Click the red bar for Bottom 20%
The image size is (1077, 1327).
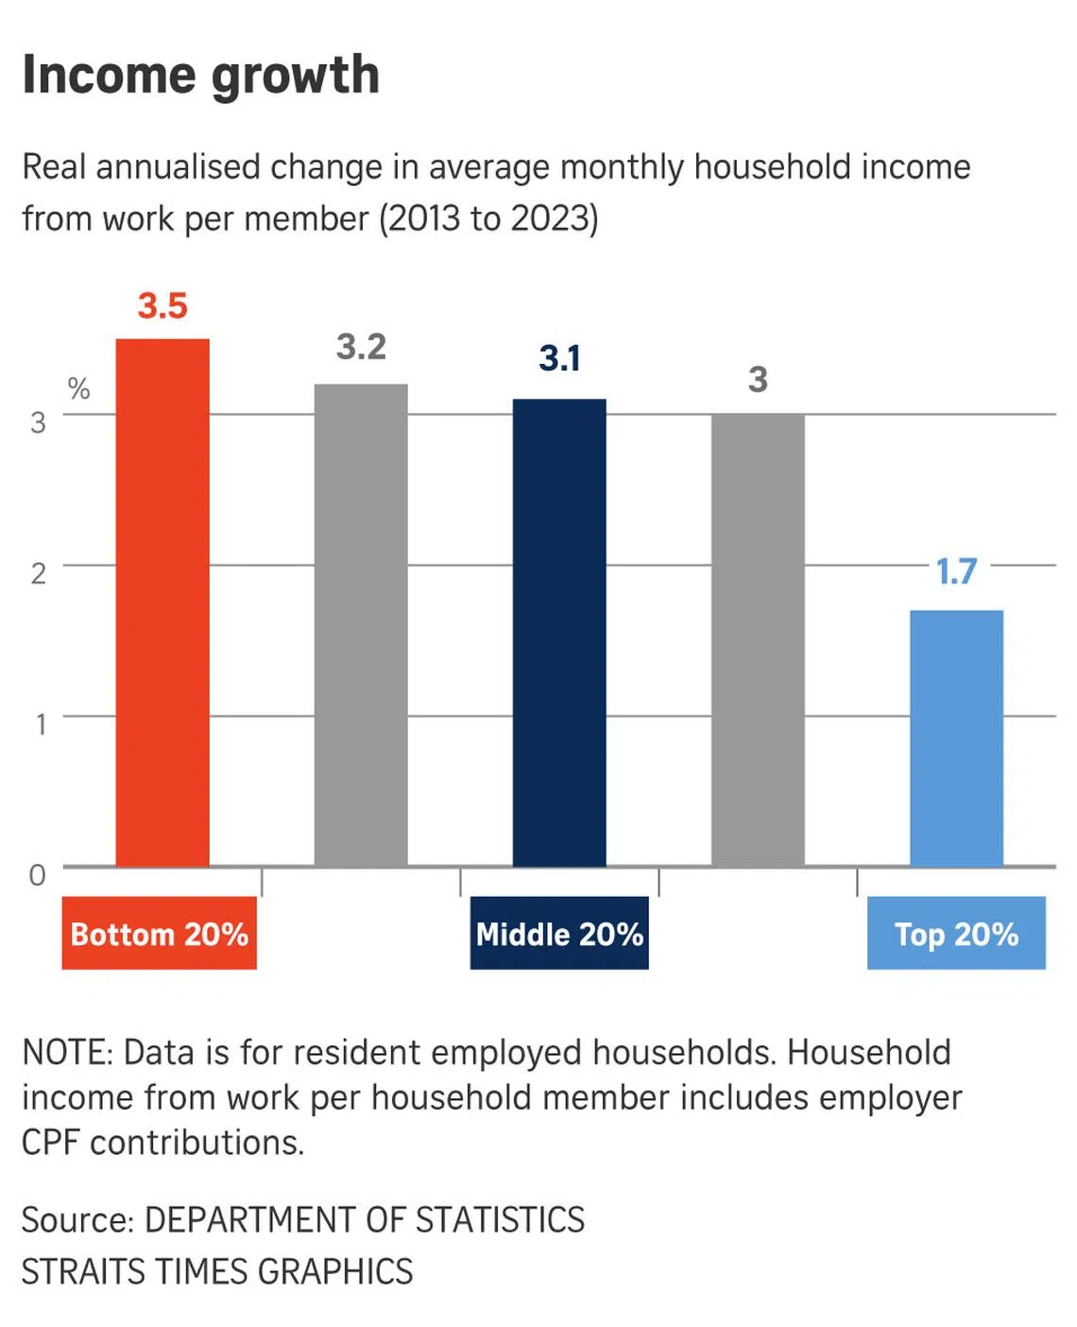coord(162,602)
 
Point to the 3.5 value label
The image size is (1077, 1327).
coord(162,306)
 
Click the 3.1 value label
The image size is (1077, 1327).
coord(559,358)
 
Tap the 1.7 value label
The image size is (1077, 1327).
coord(956,571)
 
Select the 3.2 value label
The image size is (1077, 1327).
coord(361,347)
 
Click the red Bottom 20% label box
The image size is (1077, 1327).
coord(160,933)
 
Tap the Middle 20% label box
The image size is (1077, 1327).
coord(559,933)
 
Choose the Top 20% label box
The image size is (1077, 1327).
coord(956,933)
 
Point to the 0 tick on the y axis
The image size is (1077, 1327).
coord(38,875)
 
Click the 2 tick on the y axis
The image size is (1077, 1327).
coord(38,573)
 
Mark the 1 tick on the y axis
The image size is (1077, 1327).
coord(41,725)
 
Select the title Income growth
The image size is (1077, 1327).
coord(200,76)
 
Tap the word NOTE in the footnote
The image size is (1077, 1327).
coord(64,1052)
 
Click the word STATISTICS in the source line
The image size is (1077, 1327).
coord(500,1219)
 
